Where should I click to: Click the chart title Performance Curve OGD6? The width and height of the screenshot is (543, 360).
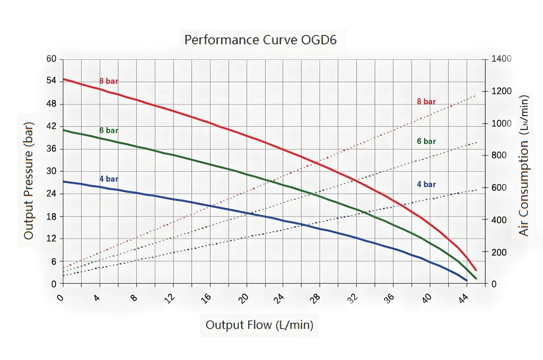[260, 40]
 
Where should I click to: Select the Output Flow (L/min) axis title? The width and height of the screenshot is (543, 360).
[259, 324]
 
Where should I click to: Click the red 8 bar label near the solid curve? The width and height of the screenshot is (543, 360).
[109, 81]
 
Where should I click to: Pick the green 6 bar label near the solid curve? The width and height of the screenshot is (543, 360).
[109, 130]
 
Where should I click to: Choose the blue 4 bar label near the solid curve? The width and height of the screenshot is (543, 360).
[109, 179]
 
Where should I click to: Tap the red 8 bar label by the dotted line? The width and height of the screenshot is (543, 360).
[426, 101]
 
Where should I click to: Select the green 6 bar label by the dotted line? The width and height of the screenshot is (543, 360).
[426, 141]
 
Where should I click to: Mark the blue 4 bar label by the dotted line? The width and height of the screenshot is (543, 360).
[426, 184]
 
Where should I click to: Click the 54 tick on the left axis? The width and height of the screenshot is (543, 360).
[51, 81]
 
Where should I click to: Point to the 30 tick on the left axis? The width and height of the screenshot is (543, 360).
[51, 171]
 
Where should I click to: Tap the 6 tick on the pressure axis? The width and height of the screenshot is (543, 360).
[53, 261]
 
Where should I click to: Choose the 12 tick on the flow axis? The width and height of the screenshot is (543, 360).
[170, 298]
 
